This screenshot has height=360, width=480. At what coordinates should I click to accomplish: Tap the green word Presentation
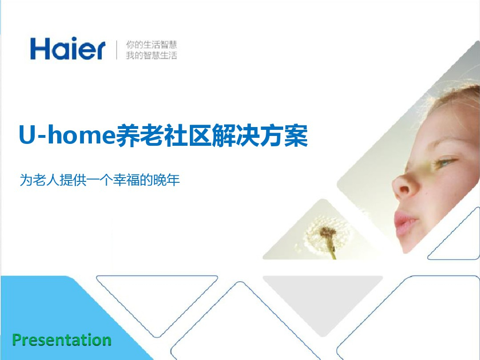point(62,339)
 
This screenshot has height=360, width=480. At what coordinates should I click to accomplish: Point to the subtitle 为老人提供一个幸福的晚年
point(100,180)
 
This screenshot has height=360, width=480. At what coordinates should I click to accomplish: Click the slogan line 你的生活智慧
point(151,45)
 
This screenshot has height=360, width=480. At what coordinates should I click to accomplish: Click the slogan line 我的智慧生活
point(151,55)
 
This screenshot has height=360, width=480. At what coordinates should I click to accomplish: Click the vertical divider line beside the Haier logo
point(117,50)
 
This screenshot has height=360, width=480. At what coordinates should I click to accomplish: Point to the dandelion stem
point(331,248)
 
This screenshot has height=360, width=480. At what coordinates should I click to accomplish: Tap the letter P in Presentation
point(17,339)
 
